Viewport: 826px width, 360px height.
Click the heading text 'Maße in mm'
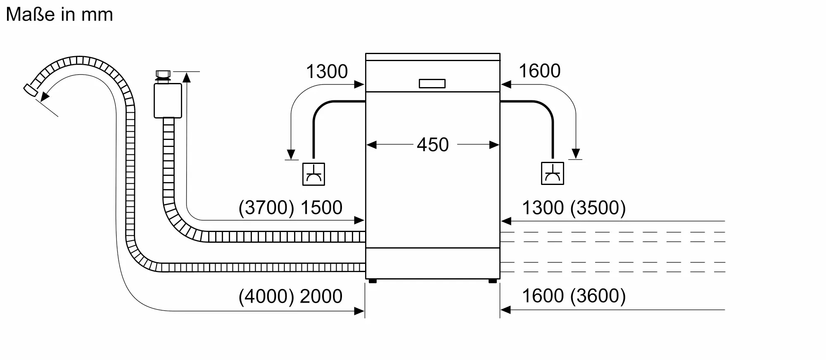[x=59, y=15]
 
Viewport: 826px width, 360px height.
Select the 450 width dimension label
[x=432, y=145]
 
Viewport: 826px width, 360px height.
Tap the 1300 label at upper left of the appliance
[x=327, y=72]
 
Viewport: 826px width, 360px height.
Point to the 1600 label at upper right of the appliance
[x=539, y=71]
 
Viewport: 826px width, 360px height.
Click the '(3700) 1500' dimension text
[x=290, y=208]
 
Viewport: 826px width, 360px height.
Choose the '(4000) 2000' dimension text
[x=290, y=296]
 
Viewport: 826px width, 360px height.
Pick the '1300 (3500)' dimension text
[x=574, y=208]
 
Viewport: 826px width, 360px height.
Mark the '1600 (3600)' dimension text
[x=574, y=296]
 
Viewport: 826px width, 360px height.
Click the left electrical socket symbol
[x=313, y=174]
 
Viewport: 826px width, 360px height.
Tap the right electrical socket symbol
[x=552, y=173]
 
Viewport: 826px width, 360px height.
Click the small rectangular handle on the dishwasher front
[x=432, y=84]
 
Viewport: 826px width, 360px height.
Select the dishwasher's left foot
[x=372, y=281]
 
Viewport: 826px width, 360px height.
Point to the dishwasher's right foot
[x=492, y=281]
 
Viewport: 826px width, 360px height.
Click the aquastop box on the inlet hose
[x=168, y=101]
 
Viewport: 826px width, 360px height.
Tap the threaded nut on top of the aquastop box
[x=163, y=75]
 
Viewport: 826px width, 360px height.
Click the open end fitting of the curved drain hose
[x=30, y=90]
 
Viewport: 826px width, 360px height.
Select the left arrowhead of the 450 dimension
[x=371, y=145]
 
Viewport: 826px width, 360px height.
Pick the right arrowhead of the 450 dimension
[x=494, y=145]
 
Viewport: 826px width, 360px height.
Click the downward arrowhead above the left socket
[x=291, y=154]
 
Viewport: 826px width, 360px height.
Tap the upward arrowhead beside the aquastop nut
[x=187, y=77]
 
